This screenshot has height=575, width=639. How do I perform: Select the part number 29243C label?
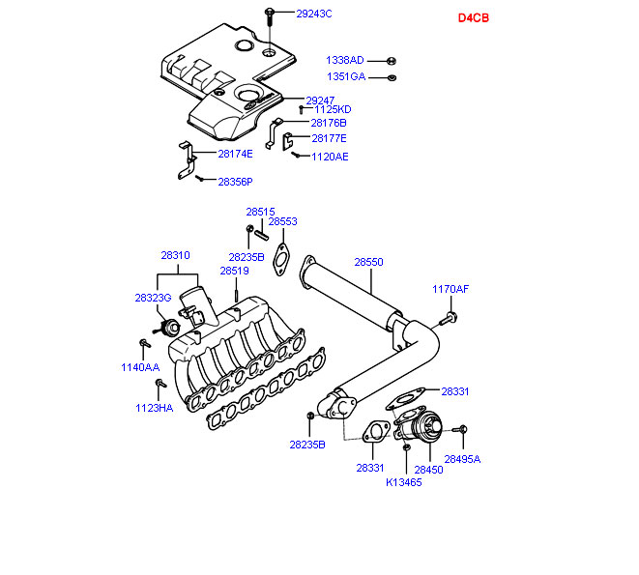[x=313, y=14]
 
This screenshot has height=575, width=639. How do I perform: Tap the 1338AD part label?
[x=345, y=60]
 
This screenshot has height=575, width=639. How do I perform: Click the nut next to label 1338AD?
[x=391, y=60]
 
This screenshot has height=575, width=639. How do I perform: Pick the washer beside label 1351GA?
[x=391, y=77]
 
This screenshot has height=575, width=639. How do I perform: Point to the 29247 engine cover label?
[x=320, y=100]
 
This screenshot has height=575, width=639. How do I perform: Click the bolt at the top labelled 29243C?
[x=270, y=14]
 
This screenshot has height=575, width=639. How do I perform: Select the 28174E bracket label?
[x=235, y=154]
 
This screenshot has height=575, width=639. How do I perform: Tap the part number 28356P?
[x=235, y=181]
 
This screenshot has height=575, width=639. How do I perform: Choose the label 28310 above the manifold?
[x=175, y=256]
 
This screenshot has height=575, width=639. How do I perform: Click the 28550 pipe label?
[x=368, y=262]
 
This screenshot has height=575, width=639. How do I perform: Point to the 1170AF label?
[x=450, y=289]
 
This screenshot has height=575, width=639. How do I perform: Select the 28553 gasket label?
[x=282, y=221]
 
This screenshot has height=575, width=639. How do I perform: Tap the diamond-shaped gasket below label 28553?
[x=281, y=257]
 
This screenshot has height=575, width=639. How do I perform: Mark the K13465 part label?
[x=404, y=481]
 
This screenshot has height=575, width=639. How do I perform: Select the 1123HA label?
[x=154, y=408]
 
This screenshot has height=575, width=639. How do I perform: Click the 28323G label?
[x=153, y=298]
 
